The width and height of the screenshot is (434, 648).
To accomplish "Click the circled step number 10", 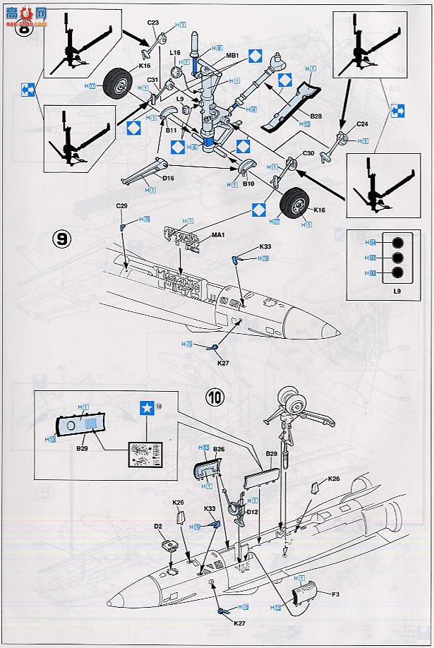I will click(x=217, y=397).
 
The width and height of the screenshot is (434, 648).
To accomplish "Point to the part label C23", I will click(x=155, y=23).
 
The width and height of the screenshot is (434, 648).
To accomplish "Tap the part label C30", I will click(x=308, y=153).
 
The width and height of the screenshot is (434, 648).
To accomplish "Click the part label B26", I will click(x=218, y=449).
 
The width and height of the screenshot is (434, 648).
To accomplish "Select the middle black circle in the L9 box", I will click(x=398, y=258).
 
